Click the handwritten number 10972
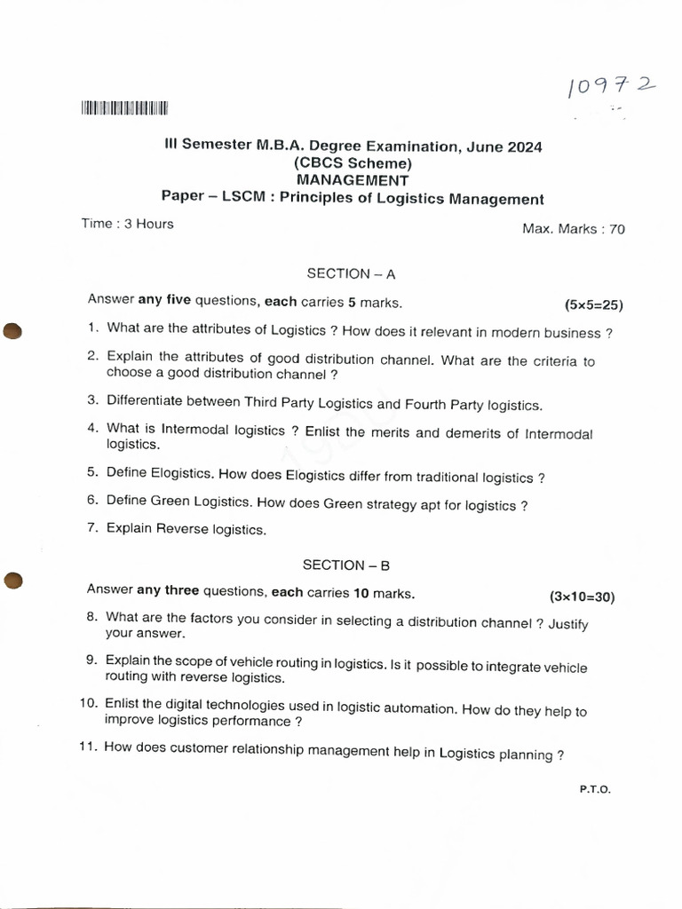[611, 87]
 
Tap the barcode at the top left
[124, 109]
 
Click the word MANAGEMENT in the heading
[353, 180]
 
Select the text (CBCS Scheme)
[353, 163]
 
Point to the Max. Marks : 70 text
[574, 229]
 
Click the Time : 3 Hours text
[127, 224]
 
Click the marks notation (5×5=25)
[594, 305]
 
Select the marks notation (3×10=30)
[583, 597]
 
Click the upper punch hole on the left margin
[12, 330]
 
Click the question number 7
[91, 528]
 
